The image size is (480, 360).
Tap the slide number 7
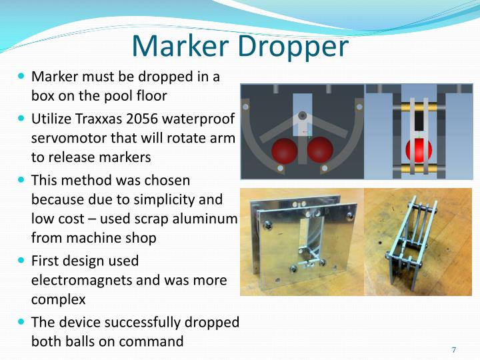(x=454, y=350)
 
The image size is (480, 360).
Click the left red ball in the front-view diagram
(x=285, y=151)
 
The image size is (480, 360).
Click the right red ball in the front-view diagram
(x=320, y=150)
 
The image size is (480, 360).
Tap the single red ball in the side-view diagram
(x=419, y=151)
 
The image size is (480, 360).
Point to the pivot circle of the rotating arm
(x=303, y=115)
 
